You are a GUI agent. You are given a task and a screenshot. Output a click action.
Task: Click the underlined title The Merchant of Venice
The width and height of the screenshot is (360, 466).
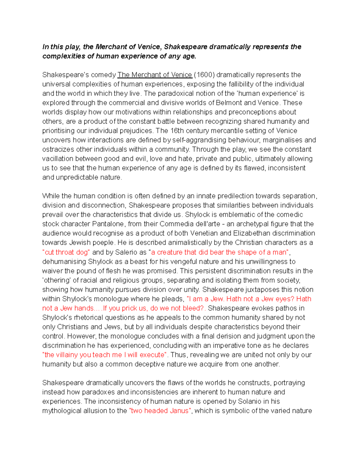pos(155,75)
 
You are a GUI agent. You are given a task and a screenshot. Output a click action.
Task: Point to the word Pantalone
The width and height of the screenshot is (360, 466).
pos(108,224)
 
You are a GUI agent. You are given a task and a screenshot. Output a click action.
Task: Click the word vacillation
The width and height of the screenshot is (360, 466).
pos(58,158)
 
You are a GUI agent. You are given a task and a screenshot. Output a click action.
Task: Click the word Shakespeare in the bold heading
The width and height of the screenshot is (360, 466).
pos(186,47)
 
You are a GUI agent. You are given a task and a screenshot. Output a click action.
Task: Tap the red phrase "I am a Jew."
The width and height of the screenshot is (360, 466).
pos(205,299)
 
